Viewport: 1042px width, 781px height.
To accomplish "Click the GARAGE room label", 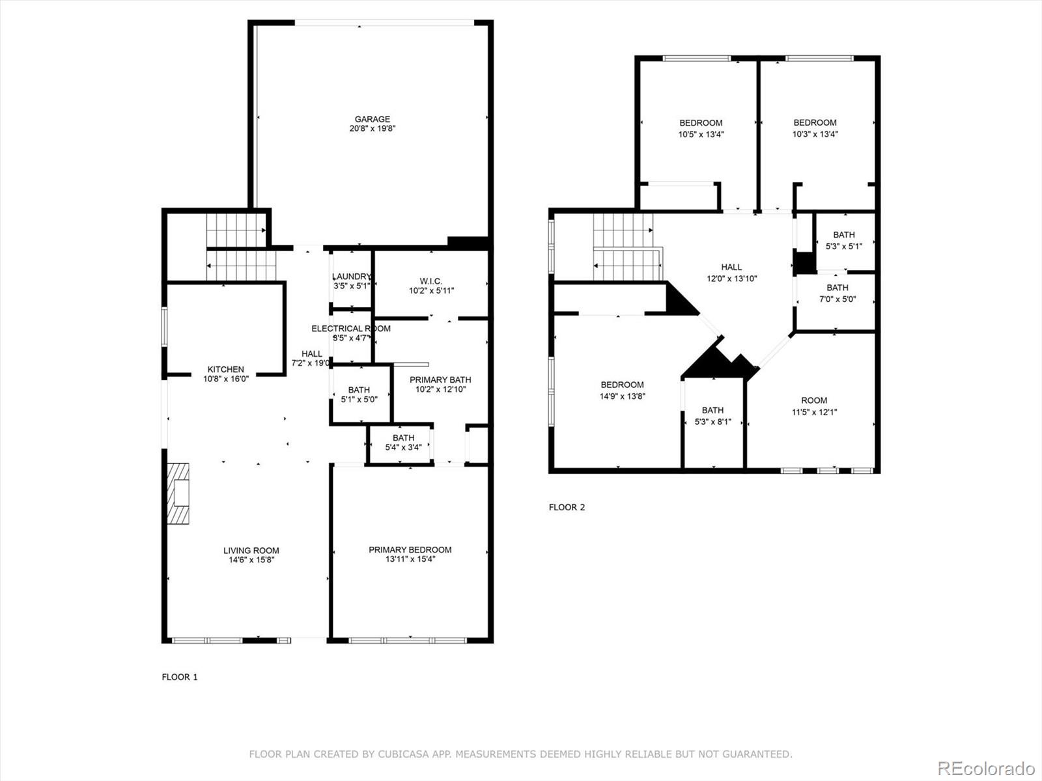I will click(x=372, y=119).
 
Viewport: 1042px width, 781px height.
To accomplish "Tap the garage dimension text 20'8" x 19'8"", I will click(x=372, y=129).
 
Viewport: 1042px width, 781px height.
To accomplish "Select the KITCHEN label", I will click(x=225, y=369).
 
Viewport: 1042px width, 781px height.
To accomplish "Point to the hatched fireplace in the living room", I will click(x=178, y=493).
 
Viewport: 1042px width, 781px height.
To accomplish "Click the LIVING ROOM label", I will click(x=251, y=551).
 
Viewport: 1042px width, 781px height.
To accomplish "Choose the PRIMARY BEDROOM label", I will click(x=410, y=550).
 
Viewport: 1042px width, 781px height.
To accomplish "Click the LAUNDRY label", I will click(x=351, y=277).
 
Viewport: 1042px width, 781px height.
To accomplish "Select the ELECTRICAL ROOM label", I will click(x=350, y=329).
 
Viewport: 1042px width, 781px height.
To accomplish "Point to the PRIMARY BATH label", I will click(x=440, y=379).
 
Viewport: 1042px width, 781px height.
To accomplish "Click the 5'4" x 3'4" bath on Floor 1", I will click(x=403, y=443).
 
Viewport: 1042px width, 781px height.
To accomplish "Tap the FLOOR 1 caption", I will click(x=180, y=677).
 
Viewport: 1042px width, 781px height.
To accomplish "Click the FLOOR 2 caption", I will click(x=567, y=507).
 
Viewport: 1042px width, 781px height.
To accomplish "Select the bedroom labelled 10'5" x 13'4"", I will click(x=701, y=128).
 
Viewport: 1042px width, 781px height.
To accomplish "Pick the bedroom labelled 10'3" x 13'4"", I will click(x=815, y=128).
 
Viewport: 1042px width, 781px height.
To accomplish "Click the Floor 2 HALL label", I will click(x=731, y=267).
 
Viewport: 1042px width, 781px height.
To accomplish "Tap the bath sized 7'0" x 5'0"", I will click(x=838, y=294).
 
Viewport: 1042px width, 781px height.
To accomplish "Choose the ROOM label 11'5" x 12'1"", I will click(x=814, y=406).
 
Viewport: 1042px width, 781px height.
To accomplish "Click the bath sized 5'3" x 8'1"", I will click(x=712, y=416).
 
